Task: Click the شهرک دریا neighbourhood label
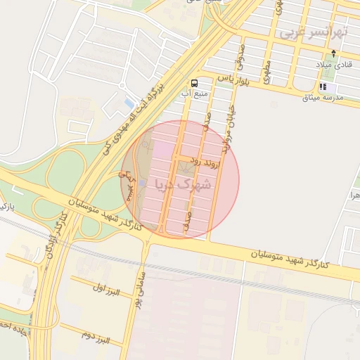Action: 182,186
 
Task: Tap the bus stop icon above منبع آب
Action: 194,82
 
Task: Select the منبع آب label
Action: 195,94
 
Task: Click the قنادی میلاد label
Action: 333,65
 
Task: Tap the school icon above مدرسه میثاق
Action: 323,87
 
